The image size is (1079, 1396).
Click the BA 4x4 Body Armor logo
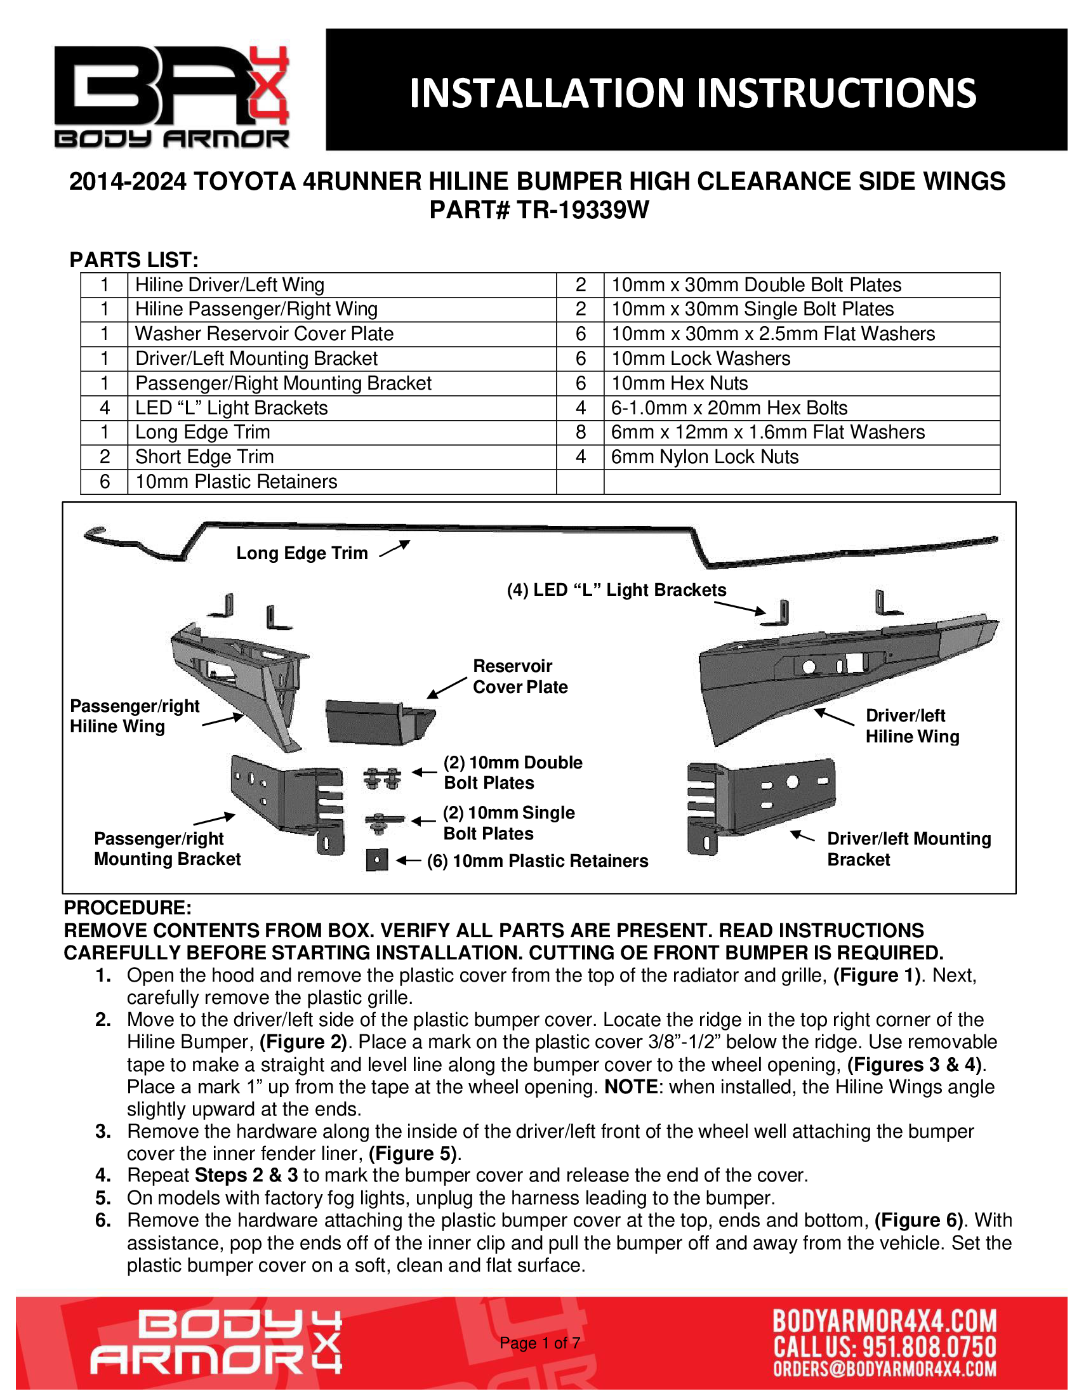tap(171, 96)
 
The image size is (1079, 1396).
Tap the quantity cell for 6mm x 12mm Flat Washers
tap(580, 432)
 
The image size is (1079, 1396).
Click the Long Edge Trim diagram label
tap(301, 553)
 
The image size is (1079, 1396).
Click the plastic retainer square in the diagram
tap(377, 860)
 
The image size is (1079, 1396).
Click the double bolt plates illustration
tap(382, 778)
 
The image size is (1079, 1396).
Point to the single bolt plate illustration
tap(383, 822)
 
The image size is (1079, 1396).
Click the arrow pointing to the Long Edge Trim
tap(394, 548)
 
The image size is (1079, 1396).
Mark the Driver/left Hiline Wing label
tap(912, 726)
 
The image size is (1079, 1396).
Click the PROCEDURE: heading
tap(127, 907)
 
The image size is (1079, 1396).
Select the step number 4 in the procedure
tap(103, 1175)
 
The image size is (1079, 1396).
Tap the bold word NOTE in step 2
tap(632, 1086)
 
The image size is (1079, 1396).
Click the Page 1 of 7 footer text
tap(539, 1342)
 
